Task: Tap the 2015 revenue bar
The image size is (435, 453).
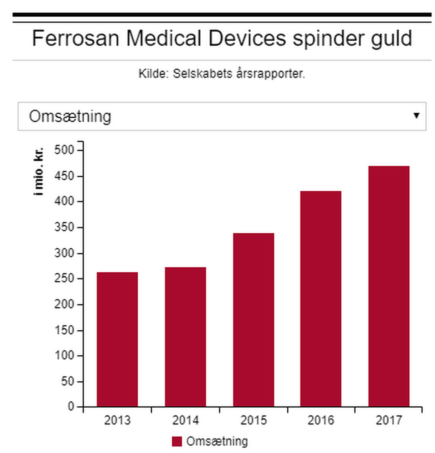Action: coord(253,319)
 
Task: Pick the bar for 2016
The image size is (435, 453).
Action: coord(321,299)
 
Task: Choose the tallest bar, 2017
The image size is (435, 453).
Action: coord(389,286)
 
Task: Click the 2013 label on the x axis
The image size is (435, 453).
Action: coord(117,421)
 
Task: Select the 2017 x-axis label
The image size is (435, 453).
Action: coord(389,421)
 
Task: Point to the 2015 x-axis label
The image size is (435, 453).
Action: coord(253,421)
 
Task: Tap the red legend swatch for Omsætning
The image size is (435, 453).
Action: coord(177,442)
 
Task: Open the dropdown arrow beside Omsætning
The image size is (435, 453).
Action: coord(416,116)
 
